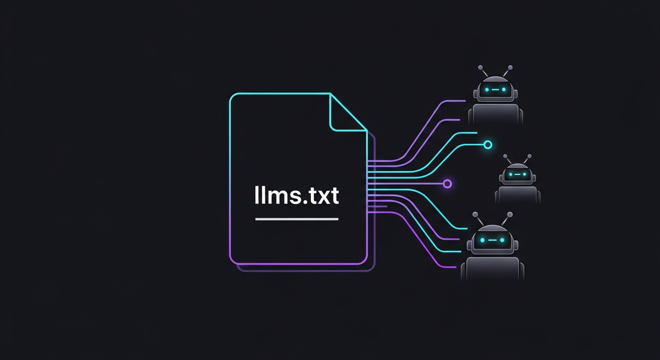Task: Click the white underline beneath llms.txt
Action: pyautogui.click(x=296, y=219)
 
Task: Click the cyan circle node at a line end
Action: pyautogui.click(x=487, y=144)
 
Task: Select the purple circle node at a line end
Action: pyautogui.click(x=447, y=183)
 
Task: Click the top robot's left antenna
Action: pyautogui.click(x=483, y=71)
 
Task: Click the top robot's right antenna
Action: pyautogui.click(x=507, y=71)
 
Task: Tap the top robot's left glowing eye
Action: pyautogui.click(x=487, y=89)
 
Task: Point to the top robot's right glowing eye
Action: pyautogui.click(x=504, y=89)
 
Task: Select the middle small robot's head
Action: pyautogui.click(x=517, y=174)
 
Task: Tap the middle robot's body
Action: pyautogui.click(x=517, y=195)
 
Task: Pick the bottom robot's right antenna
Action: pyautogui.click(x=508, y=218)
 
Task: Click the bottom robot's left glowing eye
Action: pyautogui.click(x=482, y=240)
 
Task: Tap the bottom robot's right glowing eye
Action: pyautogui.click(x=502, y=240)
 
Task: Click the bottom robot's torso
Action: pyautogui.click(x=492, y=269)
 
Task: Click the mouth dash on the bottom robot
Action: pyautogui.click(x=492, y=240)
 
